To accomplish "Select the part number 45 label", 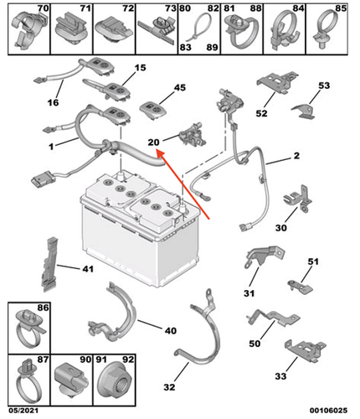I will (180, 88).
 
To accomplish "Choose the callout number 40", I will (170, 330).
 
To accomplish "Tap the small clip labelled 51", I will (297, 287).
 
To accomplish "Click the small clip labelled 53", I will (303, 111).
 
